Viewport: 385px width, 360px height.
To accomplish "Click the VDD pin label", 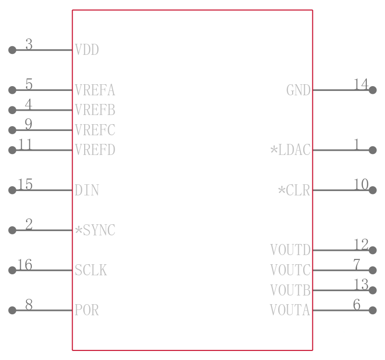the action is point(87,50).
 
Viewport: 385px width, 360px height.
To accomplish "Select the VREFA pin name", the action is point(95,90).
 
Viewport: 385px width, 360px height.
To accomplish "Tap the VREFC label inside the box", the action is point(95,130).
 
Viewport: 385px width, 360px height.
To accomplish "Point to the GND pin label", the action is point(298,90).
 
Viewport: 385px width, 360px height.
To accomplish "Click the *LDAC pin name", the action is point(291,150).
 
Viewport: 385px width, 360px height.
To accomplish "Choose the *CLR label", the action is point(294,190).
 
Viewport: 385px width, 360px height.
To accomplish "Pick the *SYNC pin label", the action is point(95,230).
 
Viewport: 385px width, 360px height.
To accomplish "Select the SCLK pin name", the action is point(91,270).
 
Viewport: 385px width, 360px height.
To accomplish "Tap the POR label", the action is point(87,310).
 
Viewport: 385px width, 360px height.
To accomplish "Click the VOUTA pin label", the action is point(290,310).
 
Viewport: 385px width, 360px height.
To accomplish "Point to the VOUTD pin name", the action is point(291,250).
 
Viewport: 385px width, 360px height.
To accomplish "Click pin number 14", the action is point(361,84).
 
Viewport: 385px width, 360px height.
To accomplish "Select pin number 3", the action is point(29,44).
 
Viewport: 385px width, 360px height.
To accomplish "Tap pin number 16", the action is point(25,265).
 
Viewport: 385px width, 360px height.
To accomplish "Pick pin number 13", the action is point(361,284).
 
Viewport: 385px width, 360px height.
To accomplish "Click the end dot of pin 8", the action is point(13,310).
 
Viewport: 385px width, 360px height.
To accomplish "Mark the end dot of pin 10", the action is point(372,190).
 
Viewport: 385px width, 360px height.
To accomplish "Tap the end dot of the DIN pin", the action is point(13,190).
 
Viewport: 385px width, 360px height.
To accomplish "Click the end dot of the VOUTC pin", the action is point(372,270).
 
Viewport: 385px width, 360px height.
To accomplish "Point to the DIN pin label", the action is point(87,190).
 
